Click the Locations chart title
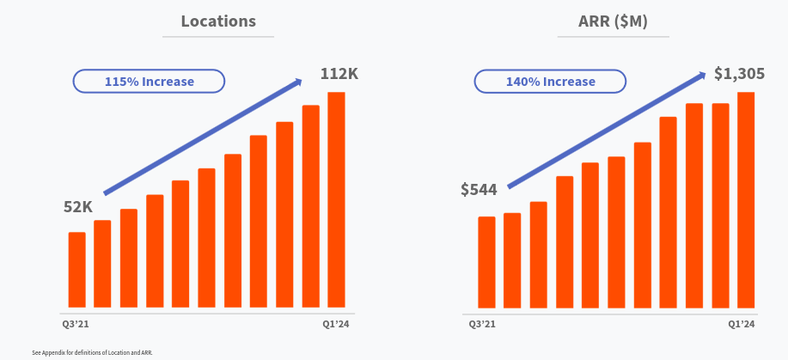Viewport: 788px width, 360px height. (218, 21)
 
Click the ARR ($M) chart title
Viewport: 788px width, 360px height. (613, 21)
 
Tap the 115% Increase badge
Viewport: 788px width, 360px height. (150, 82)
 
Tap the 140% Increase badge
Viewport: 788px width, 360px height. (550, 82)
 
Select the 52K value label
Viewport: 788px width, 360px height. (78, 207)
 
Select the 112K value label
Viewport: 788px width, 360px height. (339, 74)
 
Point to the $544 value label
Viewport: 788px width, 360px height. (479, 189)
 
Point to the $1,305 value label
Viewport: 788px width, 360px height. (740, 74)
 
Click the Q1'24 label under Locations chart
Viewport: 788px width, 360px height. (336, 324)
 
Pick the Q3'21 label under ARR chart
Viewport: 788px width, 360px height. (482, 324)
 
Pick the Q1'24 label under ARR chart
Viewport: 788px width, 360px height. (742, 324)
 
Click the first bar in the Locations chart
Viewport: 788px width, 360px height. (77, 270)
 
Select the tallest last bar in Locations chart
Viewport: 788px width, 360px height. (336, 199)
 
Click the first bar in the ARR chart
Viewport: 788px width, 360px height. (486, 262)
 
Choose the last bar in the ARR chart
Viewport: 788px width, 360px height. (746, 199)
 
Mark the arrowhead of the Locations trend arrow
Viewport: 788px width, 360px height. (298, 82)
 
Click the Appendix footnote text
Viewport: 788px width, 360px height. (92, 352)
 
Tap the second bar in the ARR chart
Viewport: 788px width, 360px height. (512, 260)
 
